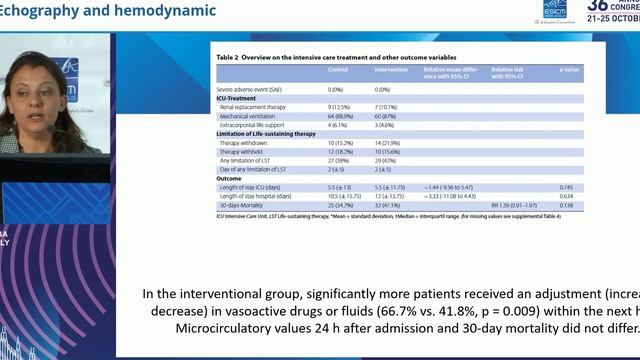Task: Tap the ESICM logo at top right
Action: click(x=555, y=8)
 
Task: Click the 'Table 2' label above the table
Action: click(x=232, y=56)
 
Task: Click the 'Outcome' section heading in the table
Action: click(x=231, y=179)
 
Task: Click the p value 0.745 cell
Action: click(x=566, y=187)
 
